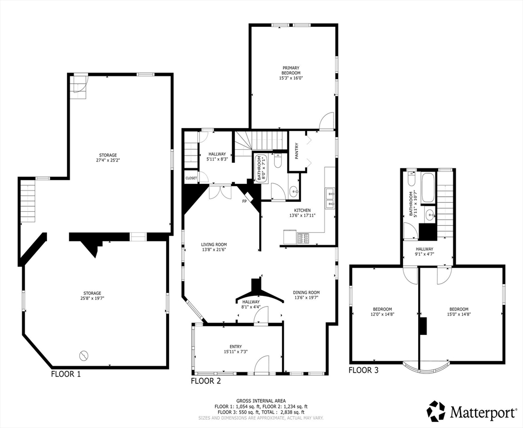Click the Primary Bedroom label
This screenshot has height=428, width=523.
(290, 71)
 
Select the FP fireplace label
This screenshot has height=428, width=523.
(244, 201)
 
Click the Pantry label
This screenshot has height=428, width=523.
(297, 151)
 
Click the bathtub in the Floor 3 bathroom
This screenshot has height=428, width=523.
(429, 189)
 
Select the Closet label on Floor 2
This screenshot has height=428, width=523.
(191, 178)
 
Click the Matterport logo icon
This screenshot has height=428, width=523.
(437, 412)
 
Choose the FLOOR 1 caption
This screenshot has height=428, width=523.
(66, 374)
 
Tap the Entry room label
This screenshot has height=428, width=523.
(235, 349)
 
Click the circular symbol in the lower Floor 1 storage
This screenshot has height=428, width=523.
(84, 354)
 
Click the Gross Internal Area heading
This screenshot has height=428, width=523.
(261, 401)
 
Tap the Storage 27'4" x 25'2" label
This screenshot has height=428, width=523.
(108, 158)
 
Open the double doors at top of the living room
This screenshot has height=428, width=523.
(220, 192)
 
